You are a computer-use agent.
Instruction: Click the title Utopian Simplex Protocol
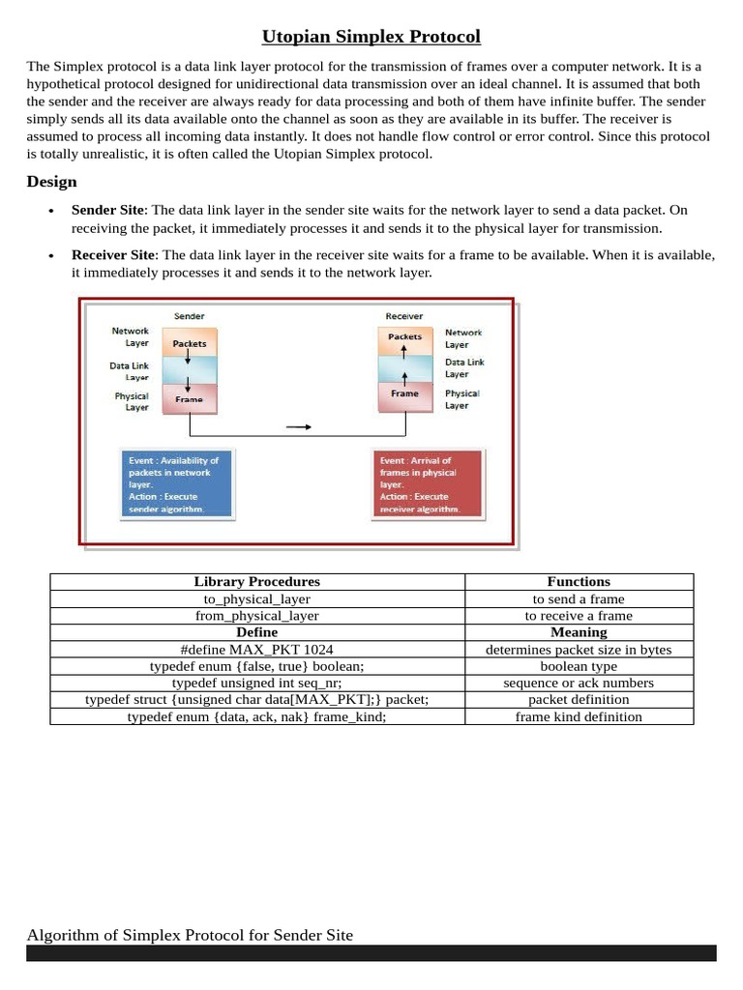371,37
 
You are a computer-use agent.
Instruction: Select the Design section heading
52,182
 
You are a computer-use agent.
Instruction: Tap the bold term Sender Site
107,210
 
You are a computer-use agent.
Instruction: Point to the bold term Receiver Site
113,254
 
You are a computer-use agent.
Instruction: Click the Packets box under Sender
190,342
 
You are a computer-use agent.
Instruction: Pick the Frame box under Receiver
404,394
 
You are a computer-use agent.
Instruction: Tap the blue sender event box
176,484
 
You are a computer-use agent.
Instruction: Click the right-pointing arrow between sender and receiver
300,426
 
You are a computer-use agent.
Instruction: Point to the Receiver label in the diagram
403,316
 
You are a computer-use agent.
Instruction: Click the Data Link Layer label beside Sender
130,371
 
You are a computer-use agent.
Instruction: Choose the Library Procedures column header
256,582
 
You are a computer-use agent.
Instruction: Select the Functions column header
579,582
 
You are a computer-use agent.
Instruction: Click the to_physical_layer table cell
256,598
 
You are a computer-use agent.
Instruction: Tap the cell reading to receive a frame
579,616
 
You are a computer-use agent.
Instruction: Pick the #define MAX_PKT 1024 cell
256,650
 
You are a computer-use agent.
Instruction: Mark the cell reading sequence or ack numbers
579,683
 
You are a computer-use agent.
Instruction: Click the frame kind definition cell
579,716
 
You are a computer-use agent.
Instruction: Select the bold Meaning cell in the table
579,632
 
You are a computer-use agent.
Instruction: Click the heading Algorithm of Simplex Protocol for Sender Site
190,935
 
